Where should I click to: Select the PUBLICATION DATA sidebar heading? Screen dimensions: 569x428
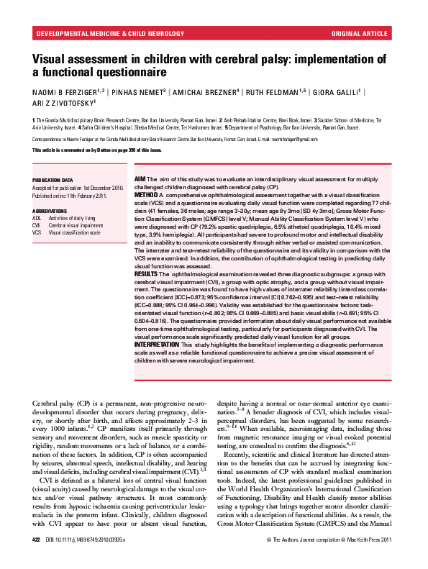pyautogui.click(x=53, y=180)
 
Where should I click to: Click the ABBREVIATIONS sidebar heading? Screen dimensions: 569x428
pyautogui.click(x=50, y=211)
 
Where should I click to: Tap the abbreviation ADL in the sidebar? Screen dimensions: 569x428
pyautogui.click(x=37, y=217)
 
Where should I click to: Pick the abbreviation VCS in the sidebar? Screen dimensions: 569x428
pyautogui.click(x=37, y=232)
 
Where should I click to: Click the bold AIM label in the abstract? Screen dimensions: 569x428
pyautogui.click(x=141, y=178)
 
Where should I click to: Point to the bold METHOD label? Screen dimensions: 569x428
pyautogui.click(x=147, y=194)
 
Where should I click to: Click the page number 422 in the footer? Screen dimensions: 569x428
pyautogui.click(x=36, y=559)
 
